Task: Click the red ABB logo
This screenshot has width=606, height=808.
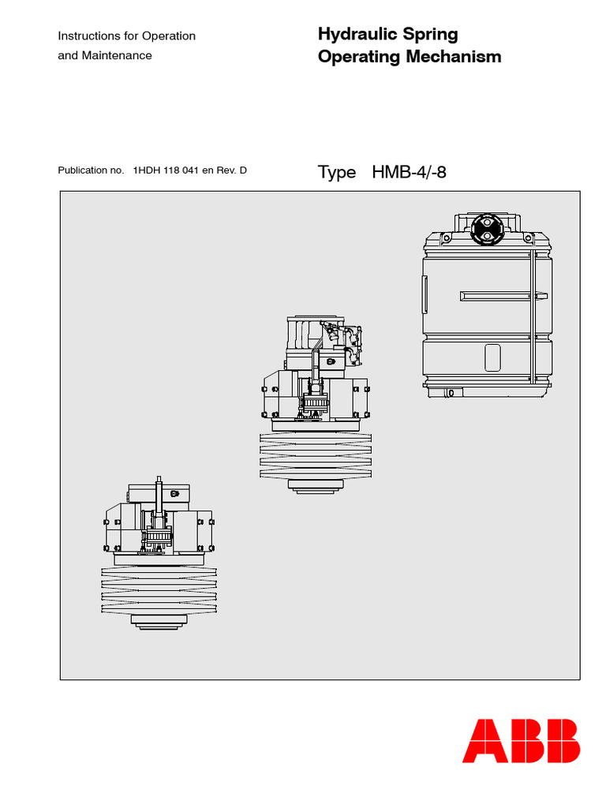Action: [x=521, y=741]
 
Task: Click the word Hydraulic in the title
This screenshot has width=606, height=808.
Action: [x=355, y=35]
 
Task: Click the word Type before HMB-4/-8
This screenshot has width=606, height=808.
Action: [x=337, y=172]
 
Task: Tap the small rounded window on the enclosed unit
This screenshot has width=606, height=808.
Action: [x=493, y=357]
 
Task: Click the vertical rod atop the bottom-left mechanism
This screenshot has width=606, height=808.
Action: [x=159, y=497]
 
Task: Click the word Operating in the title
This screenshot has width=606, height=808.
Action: [x=355, y=57]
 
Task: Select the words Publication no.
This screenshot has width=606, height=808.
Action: [x=91, y=170]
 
